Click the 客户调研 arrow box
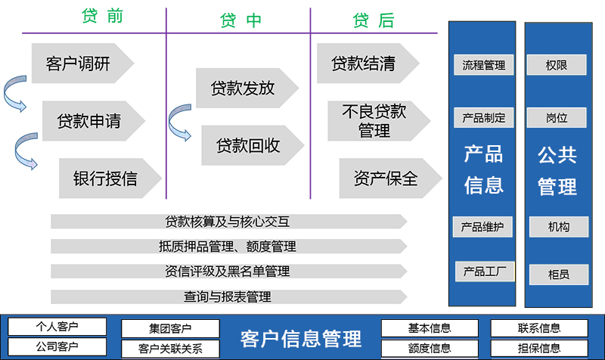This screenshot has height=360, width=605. tap(78, 64)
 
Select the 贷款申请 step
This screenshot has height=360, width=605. tap(89, 120)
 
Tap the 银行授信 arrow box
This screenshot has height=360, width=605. tap(106, 178)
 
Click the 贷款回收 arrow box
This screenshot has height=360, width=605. tap(248, 145)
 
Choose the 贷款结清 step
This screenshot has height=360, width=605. tap(363, 63)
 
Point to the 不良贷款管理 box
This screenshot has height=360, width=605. tap(374, 121)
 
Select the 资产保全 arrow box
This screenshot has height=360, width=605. tap(385, 178)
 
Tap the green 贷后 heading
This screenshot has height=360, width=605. tap(374, 20)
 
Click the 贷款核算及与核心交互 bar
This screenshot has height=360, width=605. tap(227, 222)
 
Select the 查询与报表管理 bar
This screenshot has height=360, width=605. tap(227, 297)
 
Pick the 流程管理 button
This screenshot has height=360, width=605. tap(484, 65)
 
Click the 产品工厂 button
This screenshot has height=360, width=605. tap(484, 272)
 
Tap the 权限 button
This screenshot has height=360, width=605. tap(557, 65)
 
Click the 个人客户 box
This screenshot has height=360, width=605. tap(57, 327)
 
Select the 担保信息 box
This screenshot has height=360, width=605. tap(539, 348)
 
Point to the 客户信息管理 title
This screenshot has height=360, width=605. tap(300, 338)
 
